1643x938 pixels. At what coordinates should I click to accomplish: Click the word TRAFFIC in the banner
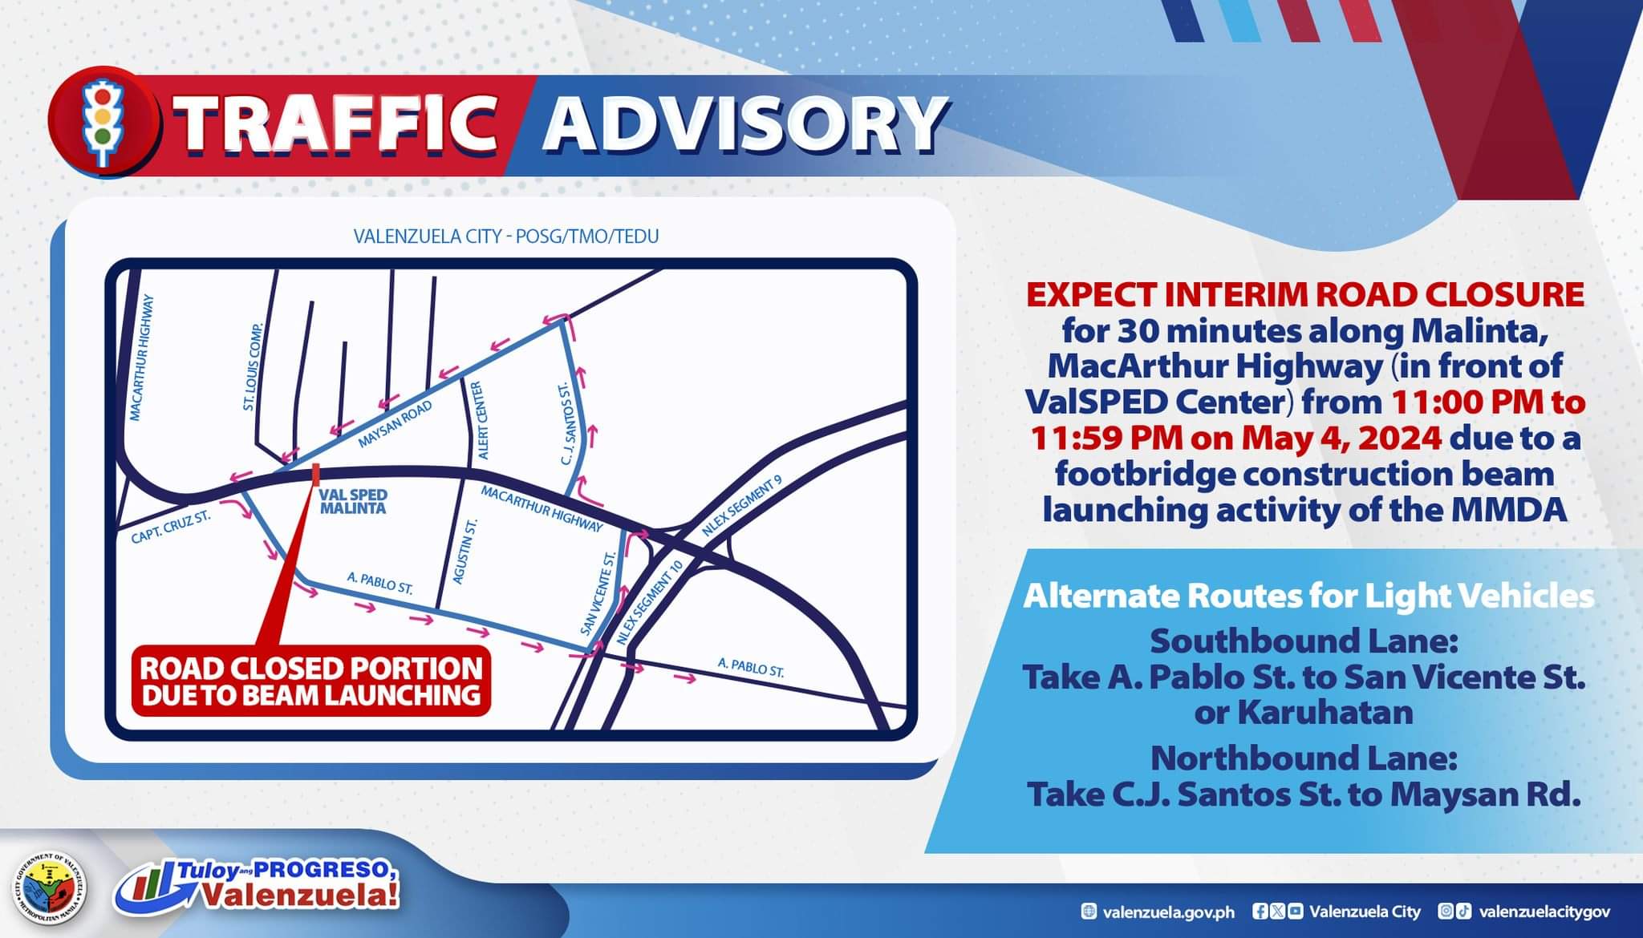coord(337,124)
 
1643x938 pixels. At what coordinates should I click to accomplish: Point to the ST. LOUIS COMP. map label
coord(254,366)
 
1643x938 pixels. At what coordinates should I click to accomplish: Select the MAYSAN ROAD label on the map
coord(396,424)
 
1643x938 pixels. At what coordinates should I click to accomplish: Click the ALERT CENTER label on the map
coord(478,420)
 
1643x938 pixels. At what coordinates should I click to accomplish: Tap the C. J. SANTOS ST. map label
coord(565,423)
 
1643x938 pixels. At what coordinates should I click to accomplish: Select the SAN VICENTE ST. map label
coord(598,594)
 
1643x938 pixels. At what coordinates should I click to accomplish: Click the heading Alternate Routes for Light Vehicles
coord(1308,597)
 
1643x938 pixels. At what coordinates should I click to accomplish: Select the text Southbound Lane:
coord(1304,641)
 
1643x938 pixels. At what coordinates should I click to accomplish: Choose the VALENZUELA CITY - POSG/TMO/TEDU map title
coord(506,237)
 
